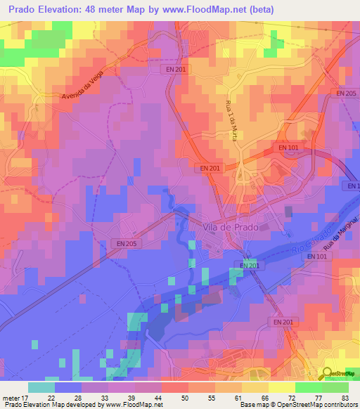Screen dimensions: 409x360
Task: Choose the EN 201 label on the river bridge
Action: [x=250, y=265]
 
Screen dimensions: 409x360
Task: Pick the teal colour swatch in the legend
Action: [x=41, y=387]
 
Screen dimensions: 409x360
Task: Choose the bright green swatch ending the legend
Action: [x=335, y=387]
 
